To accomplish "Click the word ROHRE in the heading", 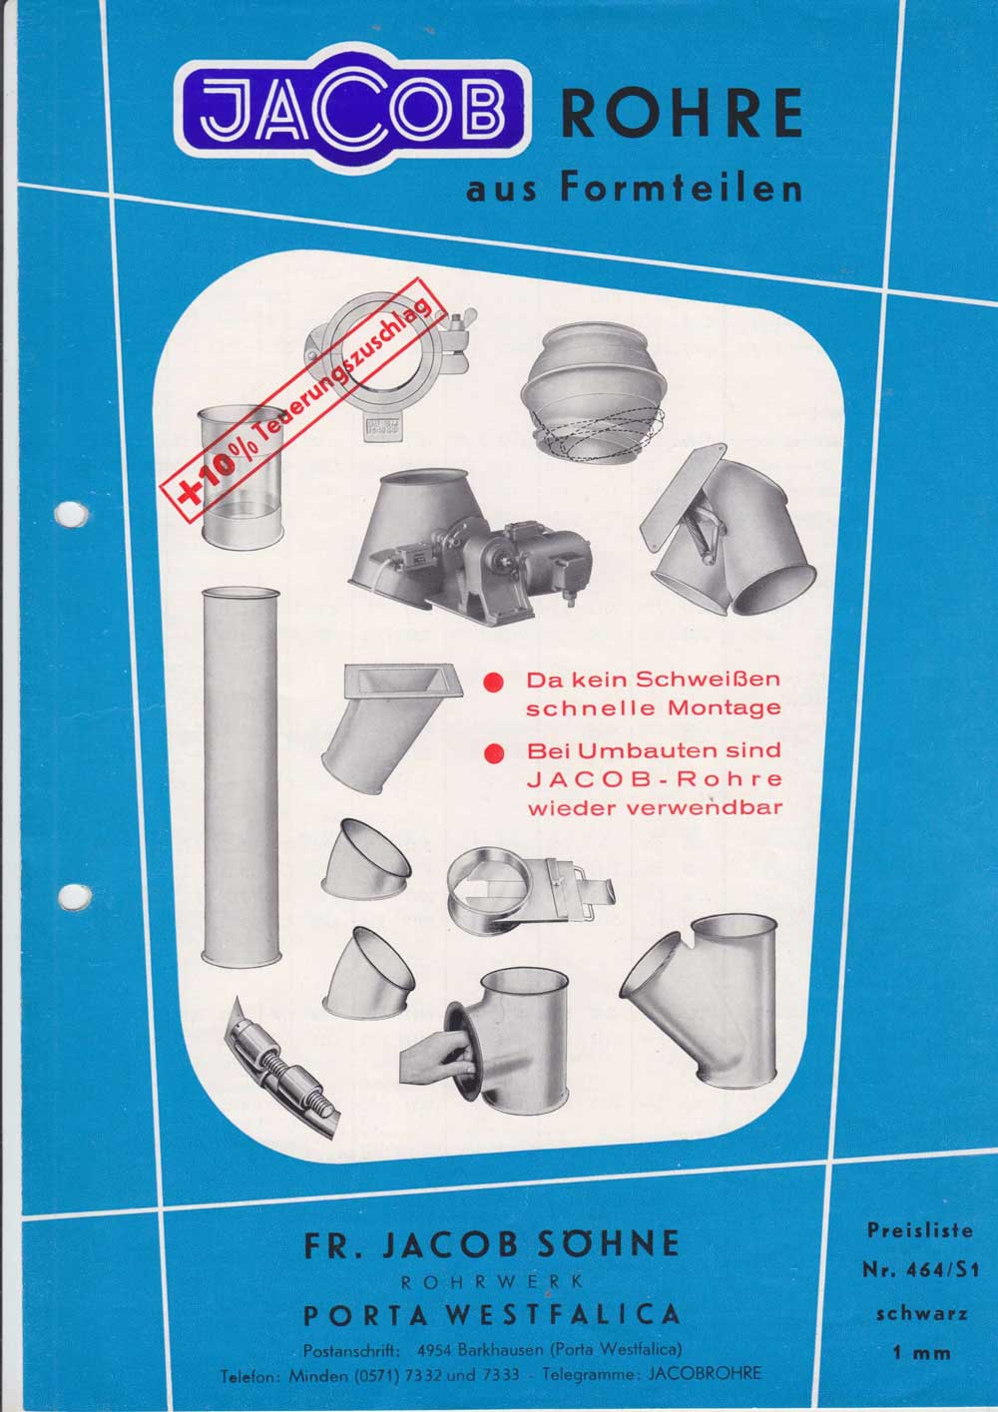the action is [x=682, y=114].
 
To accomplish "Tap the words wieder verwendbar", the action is [x=655, y=808].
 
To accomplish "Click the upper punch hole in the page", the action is [x=71, y=514].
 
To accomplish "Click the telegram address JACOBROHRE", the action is [x=705, y=1374].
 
